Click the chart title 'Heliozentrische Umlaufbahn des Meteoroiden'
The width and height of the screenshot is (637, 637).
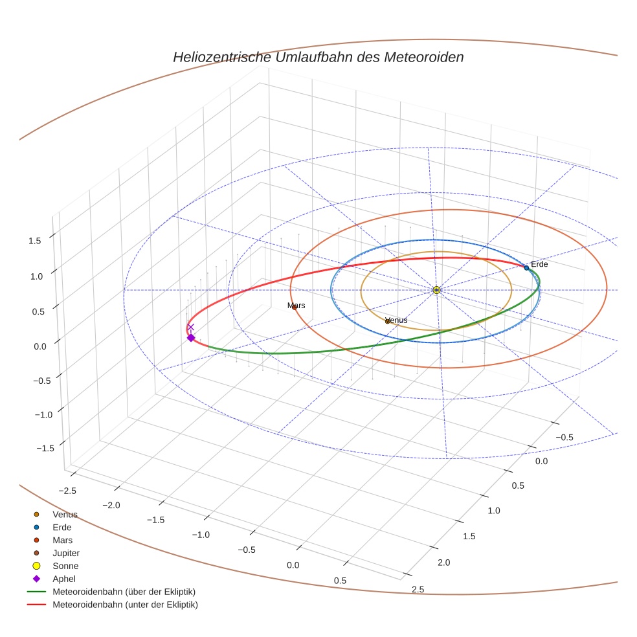click(x=318, y=57)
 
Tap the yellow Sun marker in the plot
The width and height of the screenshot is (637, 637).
click(x=436, y=290)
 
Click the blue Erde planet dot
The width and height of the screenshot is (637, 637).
click(x=526, y=267)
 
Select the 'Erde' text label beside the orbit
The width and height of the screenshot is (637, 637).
click(x=539, y=264)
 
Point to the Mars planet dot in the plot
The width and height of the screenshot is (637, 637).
click(x=295, y=307)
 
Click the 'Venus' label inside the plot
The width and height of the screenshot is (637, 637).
click(x=397, y=320)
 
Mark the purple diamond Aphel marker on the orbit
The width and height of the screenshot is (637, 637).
click(x=191, y=338)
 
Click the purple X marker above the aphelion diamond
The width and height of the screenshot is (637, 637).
click(x=191, y=327)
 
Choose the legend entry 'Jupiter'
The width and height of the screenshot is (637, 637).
click(x=66, y=553)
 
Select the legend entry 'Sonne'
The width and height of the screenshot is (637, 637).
click(x=65, y=566)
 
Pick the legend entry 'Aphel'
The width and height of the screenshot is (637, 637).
click(x=63, y=579)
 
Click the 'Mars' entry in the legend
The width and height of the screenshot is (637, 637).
click(x=63, y=540)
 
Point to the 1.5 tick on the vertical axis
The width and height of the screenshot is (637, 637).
click(x=35, y=240)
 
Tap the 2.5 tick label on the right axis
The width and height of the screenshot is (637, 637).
click(x=418, y=588)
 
